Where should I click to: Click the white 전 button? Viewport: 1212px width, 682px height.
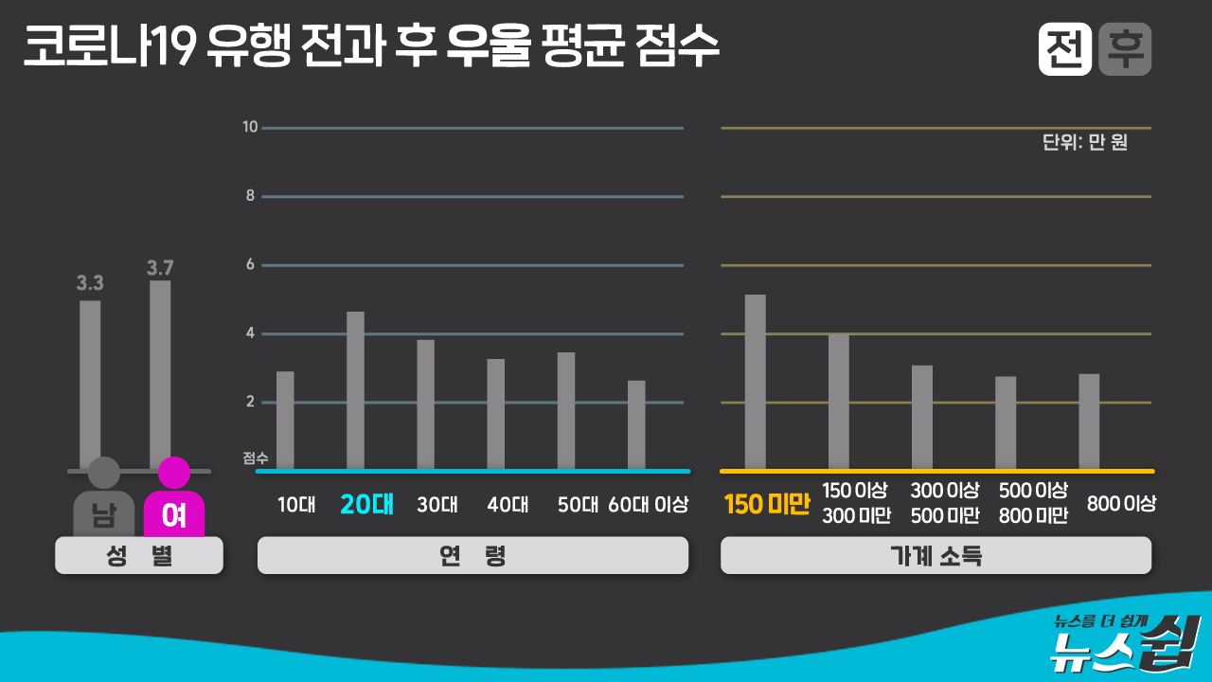1065,49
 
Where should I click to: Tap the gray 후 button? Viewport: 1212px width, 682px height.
1125,49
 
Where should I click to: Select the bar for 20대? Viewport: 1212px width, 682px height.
355,390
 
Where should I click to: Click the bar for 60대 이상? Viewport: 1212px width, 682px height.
636,424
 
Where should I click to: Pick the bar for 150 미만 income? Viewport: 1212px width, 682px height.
755,382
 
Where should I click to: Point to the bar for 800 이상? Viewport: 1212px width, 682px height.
1089,422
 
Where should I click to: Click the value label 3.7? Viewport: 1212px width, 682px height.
160,268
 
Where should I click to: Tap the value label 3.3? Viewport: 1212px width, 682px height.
90,282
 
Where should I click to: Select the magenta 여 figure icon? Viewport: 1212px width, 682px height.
173,499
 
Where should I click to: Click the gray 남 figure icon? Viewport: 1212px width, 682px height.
103,499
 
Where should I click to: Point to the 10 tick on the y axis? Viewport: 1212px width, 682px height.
250,127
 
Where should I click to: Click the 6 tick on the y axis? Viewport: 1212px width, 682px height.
251,264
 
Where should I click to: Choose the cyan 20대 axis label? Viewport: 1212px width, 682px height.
366,504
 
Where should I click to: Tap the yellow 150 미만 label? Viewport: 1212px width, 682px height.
767,505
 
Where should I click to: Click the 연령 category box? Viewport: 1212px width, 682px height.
472,556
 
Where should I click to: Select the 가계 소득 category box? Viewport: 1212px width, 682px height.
936,556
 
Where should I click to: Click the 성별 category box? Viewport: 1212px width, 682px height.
138,556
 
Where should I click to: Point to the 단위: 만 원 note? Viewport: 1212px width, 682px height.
1085,143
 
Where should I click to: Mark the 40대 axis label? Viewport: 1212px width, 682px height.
508,505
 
